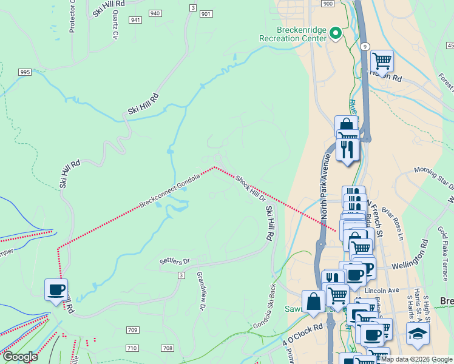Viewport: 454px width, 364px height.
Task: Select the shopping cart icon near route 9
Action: (x=382, y=61)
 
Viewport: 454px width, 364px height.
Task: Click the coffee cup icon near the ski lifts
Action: (x=56, y=289)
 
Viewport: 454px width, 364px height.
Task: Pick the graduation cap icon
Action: (x=418, y=334)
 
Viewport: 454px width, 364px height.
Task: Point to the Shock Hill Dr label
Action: (x=250, y=188)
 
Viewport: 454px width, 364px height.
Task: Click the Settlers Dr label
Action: (x=175, y=261)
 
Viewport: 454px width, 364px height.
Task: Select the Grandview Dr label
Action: (x=201, y=291)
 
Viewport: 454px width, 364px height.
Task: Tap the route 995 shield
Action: (x=25, y=72)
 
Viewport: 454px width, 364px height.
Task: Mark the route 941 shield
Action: (x=135, y=20)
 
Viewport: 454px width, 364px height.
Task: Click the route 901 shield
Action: (x=206, y=14)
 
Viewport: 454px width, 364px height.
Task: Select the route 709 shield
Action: (x=132, y=330)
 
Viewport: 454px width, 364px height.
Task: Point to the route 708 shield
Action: (x=168, y=348)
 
